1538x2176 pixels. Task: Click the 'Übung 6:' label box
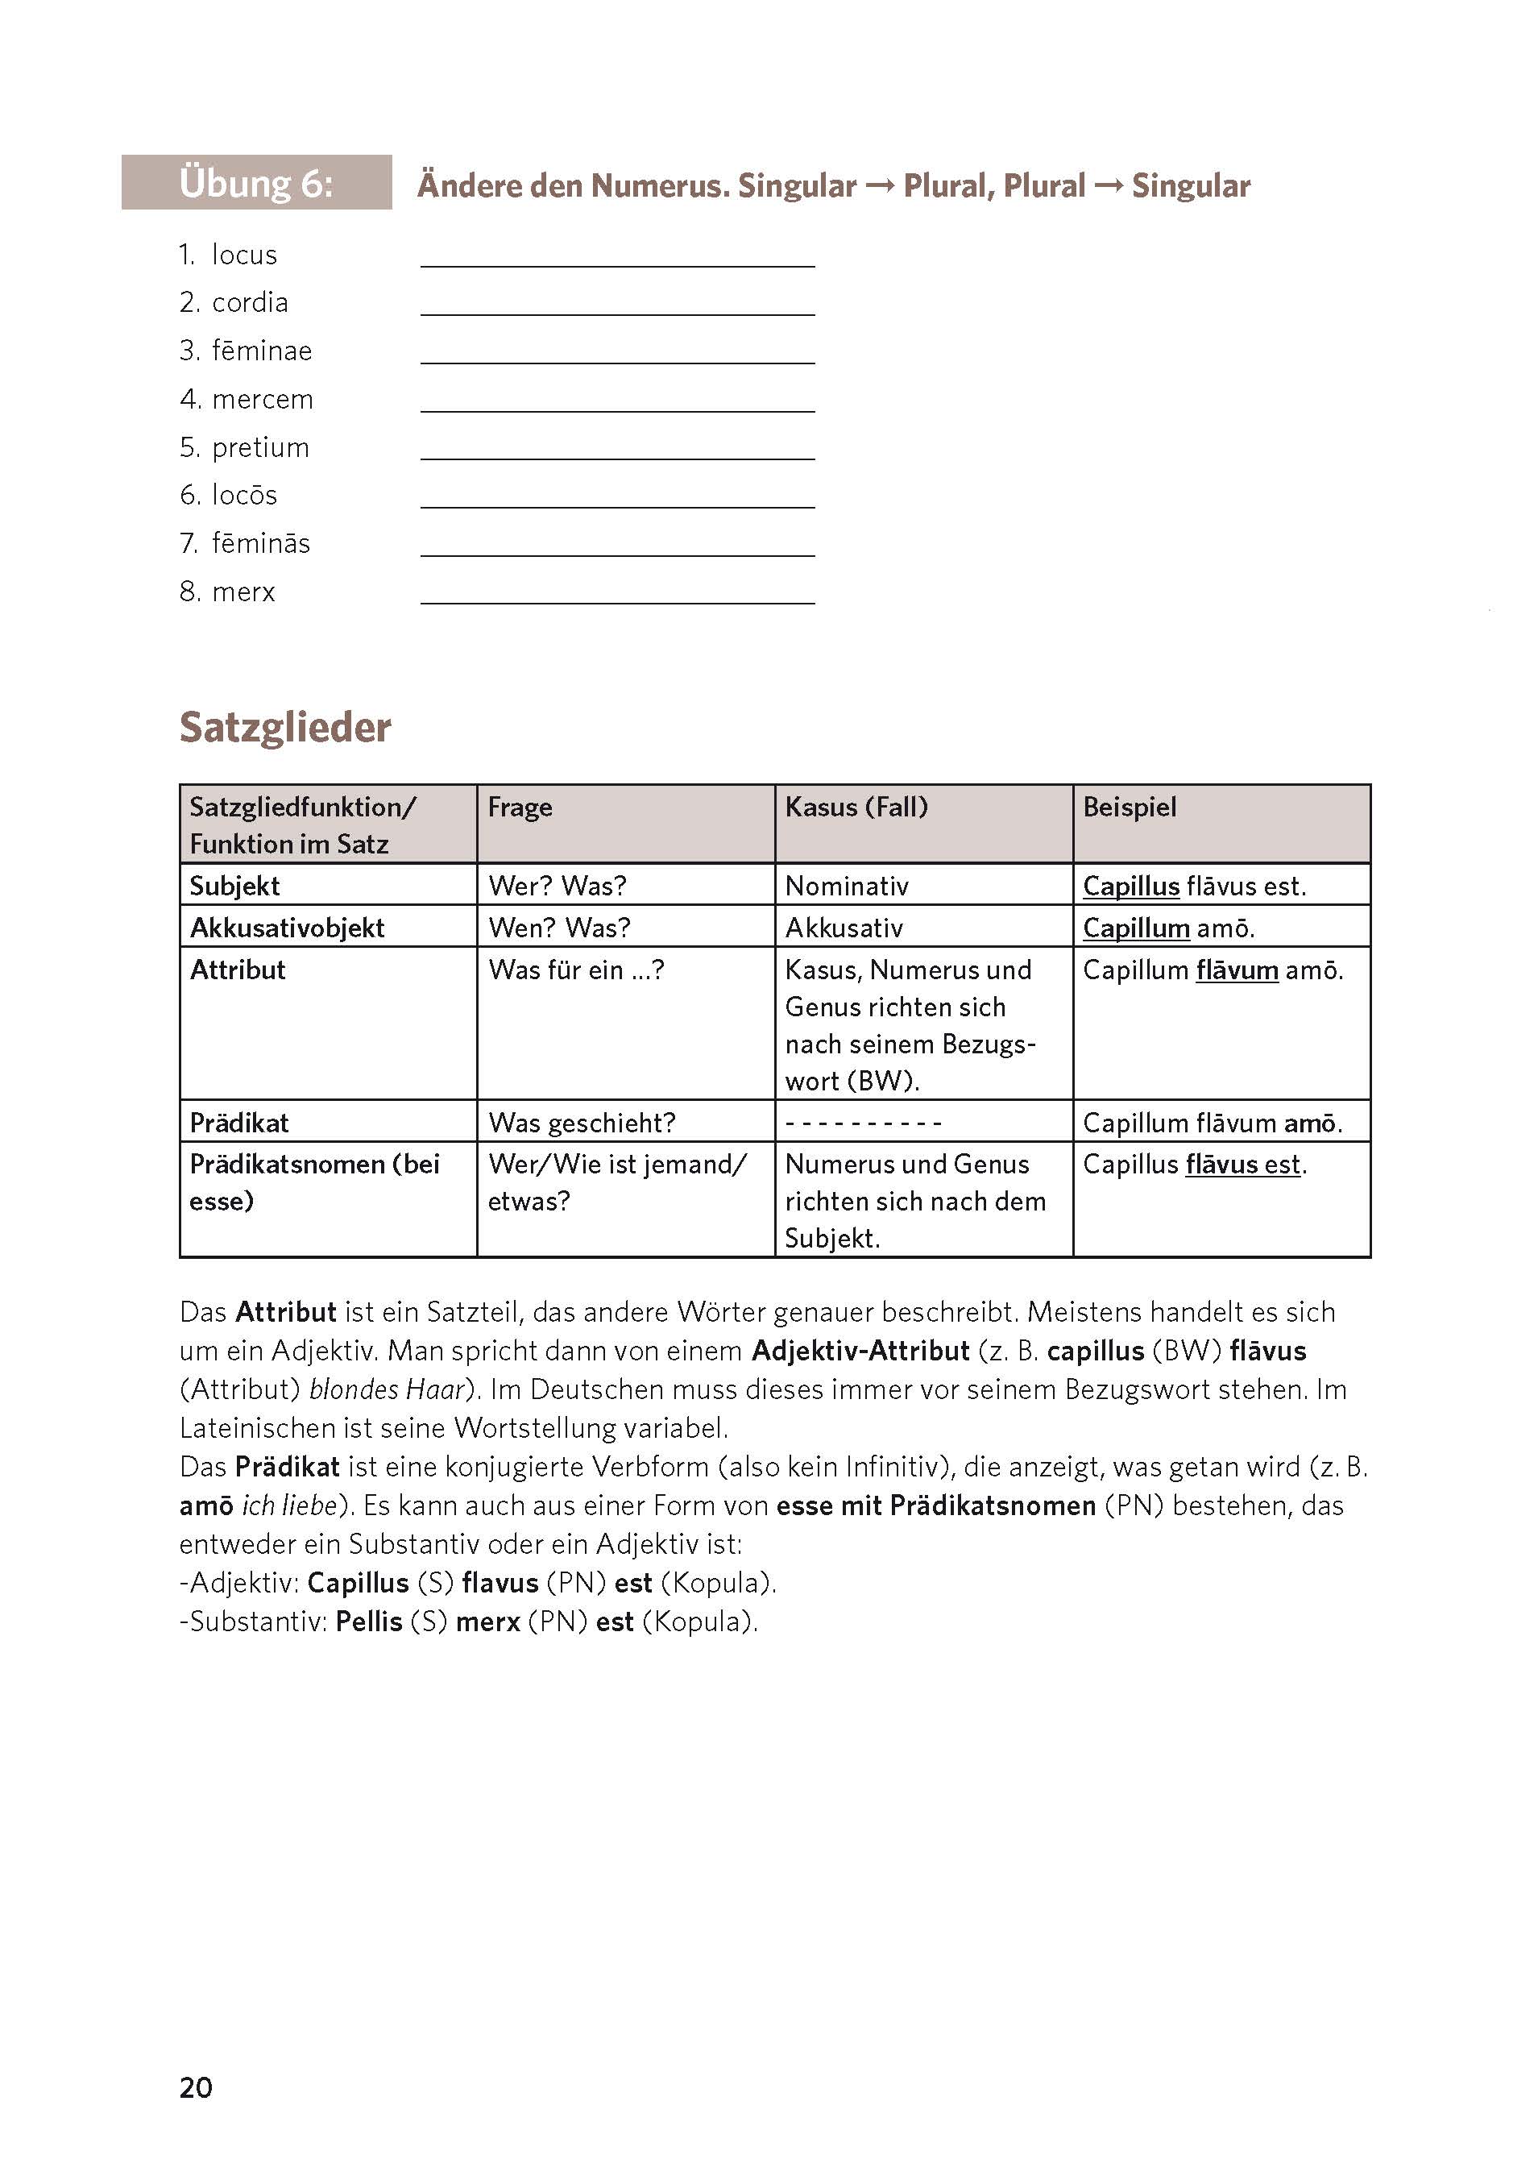pyautogui.click(x=256, y=182)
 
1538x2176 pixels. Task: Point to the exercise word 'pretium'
pyautogui.click(x=260, y=447)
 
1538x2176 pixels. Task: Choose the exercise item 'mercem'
pyautogui.click(x=263, y=399)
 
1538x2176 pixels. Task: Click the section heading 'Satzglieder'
pyautogui.click(x=284, y=728)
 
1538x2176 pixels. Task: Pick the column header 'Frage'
pyautogui.click(x=520, y=808)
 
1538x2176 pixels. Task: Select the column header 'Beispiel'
pyautogui.click(x=1129, y=808)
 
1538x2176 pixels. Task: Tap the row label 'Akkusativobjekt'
pyautogui.click(x=287, y=928)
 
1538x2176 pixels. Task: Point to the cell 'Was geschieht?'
pyautogui.click(x=581, y=1123)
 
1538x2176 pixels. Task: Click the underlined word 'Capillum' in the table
pyautogui.click(x=1135, y=928)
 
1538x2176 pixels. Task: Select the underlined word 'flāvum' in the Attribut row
pyautogui.click(x=1237, y=970)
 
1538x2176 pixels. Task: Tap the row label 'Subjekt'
pyautogui.click(x=234, y=887)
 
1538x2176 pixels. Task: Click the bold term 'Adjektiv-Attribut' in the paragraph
pyautogui.click(x=860, y=1351)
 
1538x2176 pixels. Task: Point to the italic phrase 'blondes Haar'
pyautogui.click(x=388, y=1389)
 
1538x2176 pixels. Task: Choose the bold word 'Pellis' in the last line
pyautogui.click(x=369, y=1622)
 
